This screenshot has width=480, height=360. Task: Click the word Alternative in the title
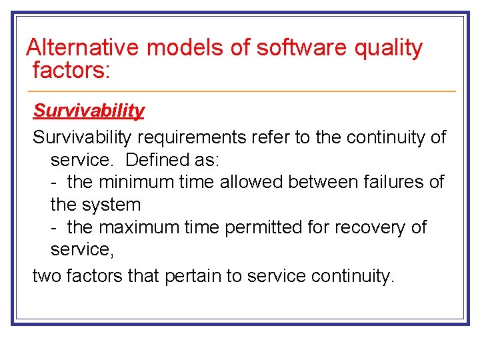tap(83, 48)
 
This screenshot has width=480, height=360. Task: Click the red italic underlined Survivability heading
tap(89, 111)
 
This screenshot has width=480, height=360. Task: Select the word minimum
tap(137, 182)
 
